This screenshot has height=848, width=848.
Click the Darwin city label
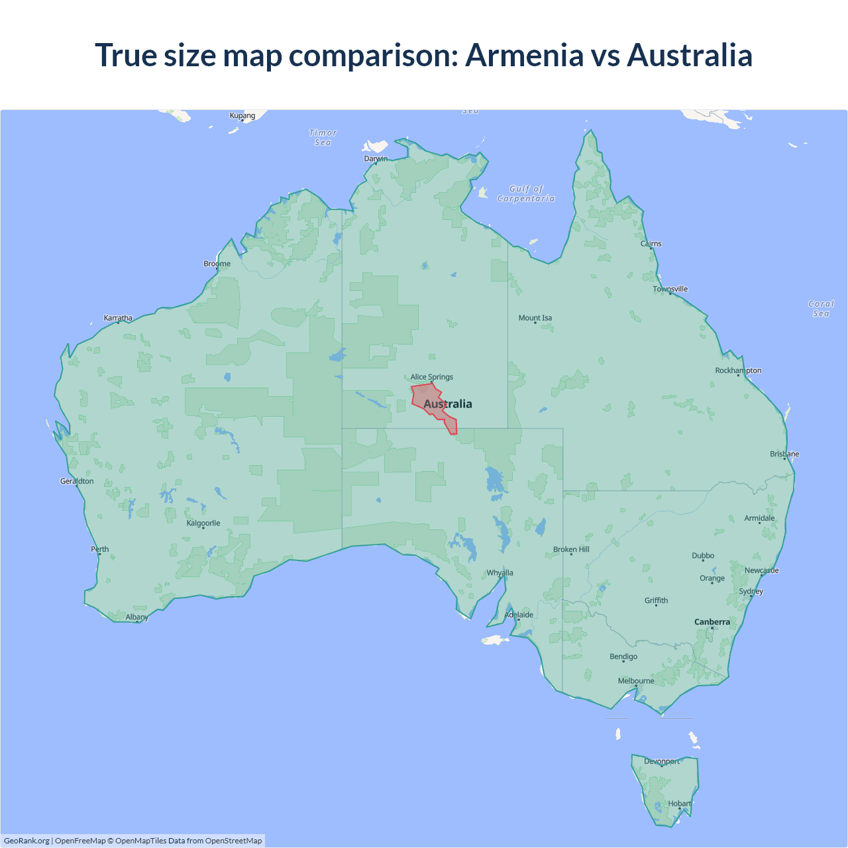pyautogui.click(x=376, y=158)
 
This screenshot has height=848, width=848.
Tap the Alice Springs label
pyautogui.click(x=431, y=377)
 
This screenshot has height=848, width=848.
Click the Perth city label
pyautogui.click(x=100, y=549)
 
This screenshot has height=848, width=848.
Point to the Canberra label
pyautogui.click(x=712, y=622)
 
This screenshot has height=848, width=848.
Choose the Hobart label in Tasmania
pyautogui.click(x=679, y=804)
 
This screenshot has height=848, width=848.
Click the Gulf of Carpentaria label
pyautogui.click(x=526, y=193)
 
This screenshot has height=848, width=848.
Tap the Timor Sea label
pyautogui.click(x=323, y=138)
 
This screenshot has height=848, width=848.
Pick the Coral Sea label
pyautogui.click(x=821, y=309)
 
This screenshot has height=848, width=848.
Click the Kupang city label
pyautogui.click(x=242, y=115)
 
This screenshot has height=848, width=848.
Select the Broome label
pyautogui.click(x=217, y=264)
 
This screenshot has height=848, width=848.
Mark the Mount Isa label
pyautogui.click(x=535, y=318)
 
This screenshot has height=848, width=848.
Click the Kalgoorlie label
pyautogui.click(x=203, y=523)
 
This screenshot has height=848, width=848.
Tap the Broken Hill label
pyautogui.click(x=571, y=549)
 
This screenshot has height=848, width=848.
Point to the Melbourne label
pyautogui.click(x=636, y=681)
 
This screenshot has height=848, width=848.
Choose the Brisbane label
pyautogui.click(x=784, y=454)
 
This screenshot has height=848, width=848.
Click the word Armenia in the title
pyautogui.click(x=524, y=55)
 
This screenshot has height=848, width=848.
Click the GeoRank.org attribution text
pyautogui.click(x=26, y=841)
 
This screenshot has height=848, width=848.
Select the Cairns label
pyautogui.click(x=651, y=244)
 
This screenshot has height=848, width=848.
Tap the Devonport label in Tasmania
pyautogui.click(x=662, y=761)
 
